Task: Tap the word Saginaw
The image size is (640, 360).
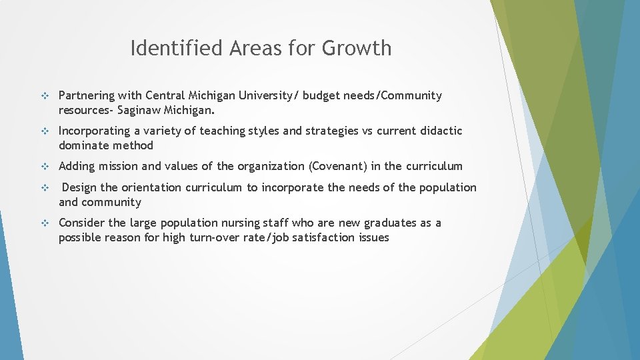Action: coord(142,110)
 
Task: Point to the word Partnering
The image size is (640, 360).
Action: coord(87,96)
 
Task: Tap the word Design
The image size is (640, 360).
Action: coord(79,187)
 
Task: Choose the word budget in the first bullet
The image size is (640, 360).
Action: coord(321,96)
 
